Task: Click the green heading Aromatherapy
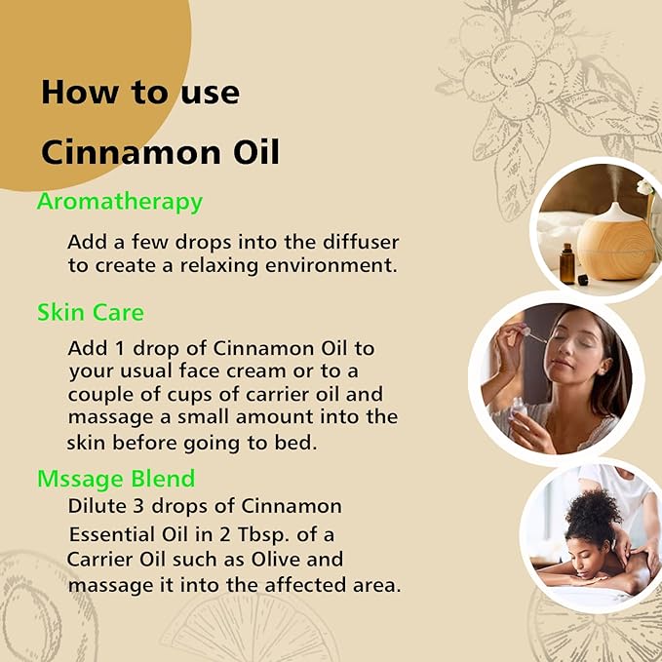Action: coord(119,202)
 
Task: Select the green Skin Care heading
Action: coord(90,313)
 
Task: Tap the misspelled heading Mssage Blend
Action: coord(115,479)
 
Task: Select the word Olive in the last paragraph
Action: coord(292,560)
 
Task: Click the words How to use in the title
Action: coord(139,93)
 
